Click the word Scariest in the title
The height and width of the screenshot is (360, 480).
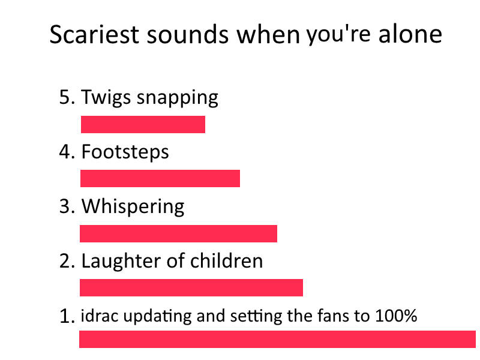94,34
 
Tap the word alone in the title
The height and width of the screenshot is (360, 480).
410,34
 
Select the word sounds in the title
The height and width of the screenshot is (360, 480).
188,34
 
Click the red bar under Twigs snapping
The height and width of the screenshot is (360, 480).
143,124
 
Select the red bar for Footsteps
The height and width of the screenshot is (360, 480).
160,178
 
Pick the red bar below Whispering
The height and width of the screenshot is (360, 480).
178,233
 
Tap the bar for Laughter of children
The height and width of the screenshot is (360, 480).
191,288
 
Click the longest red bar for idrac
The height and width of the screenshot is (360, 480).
277,339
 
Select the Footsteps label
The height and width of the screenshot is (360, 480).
125,152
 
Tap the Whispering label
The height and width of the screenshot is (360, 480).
133,207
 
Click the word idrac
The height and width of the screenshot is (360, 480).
99,316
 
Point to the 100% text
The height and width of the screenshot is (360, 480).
396,316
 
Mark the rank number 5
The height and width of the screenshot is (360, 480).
65,97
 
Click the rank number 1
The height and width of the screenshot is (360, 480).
65,317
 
